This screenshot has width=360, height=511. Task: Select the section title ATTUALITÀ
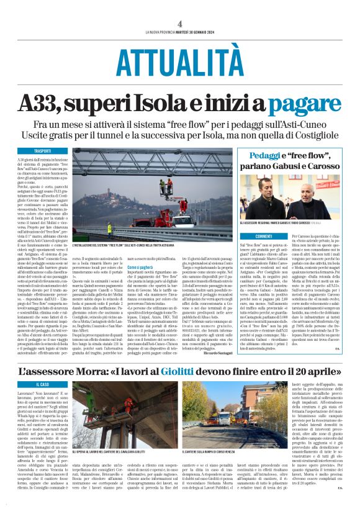[x=179, y=61]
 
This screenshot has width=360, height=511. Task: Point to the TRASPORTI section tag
[x=43, y=151]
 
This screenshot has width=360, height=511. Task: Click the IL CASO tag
[x=43, y=384]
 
